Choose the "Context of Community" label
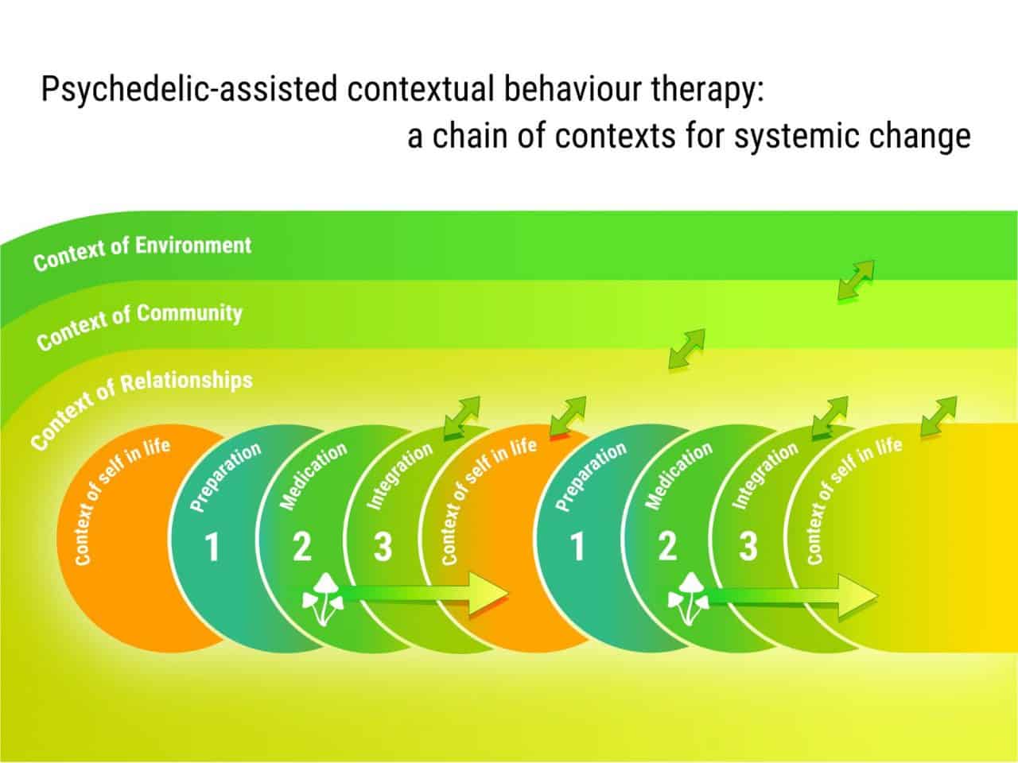click(139, 322)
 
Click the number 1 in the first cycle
click(212, 548)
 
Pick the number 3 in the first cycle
click(383, 548)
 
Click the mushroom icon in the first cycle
click(322, 598)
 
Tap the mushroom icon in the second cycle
click(688, 598)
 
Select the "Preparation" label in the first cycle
click(226, 477)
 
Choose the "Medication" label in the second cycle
click(678, 475)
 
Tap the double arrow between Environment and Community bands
click(856, 281)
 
